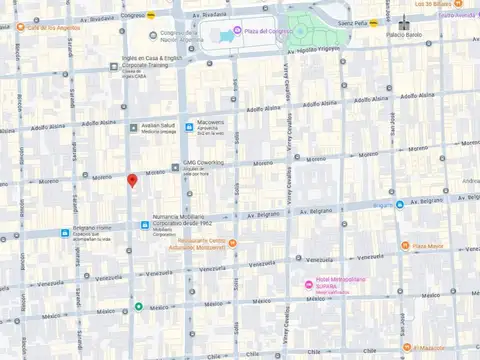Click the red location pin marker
point(131,180)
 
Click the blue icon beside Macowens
point(189,126)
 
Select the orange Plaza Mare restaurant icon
point(405,245)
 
